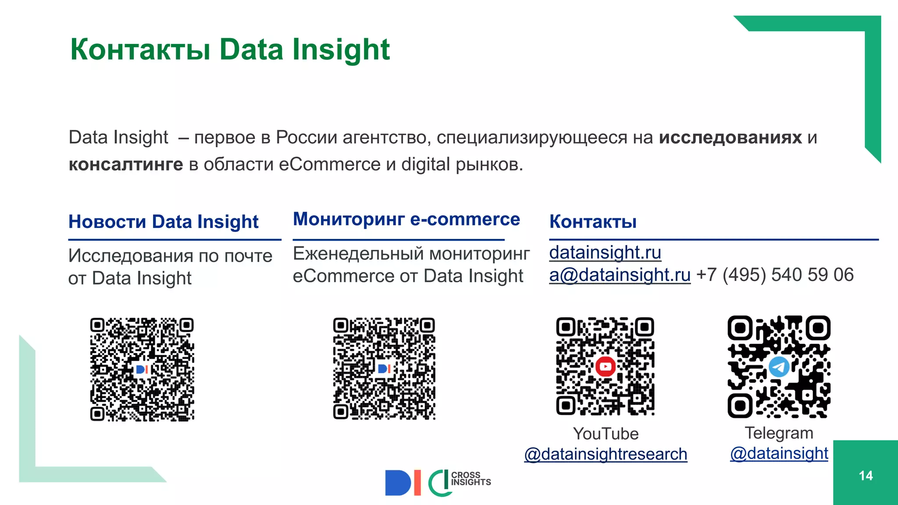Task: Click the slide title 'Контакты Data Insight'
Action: coord(230,50)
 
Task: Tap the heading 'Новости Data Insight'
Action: coord(163,222)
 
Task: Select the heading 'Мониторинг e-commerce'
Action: coord(406,219)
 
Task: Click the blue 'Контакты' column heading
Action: coord(593,222)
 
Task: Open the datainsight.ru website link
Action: coord(605,252)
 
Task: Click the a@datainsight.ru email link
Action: coord(620,275)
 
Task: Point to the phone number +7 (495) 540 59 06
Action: coord(775,275)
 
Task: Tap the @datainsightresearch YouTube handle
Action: coord(606,454)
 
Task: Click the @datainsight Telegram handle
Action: coord(779,453)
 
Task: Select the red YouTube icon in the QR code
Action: coord(606,366)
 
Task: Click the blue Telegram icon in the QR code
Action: coord(779,366)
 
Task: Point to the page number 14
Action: coord(866,476)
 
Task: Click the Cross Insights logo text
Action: coord(470,479)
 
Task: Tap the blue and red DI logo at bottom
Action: coord(403,483)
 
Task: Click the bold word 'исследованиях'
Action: coord(731,138)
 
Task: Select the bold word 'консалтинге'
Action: coord(126,164)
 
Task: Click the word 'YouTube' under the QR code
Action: coord(606,434)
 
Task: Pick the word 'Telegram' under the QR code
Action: coord(779,433)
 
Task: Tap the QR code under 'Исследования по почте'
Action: coord(142,369)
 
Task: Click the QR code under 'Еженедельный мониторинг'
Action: coord(384,369)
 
